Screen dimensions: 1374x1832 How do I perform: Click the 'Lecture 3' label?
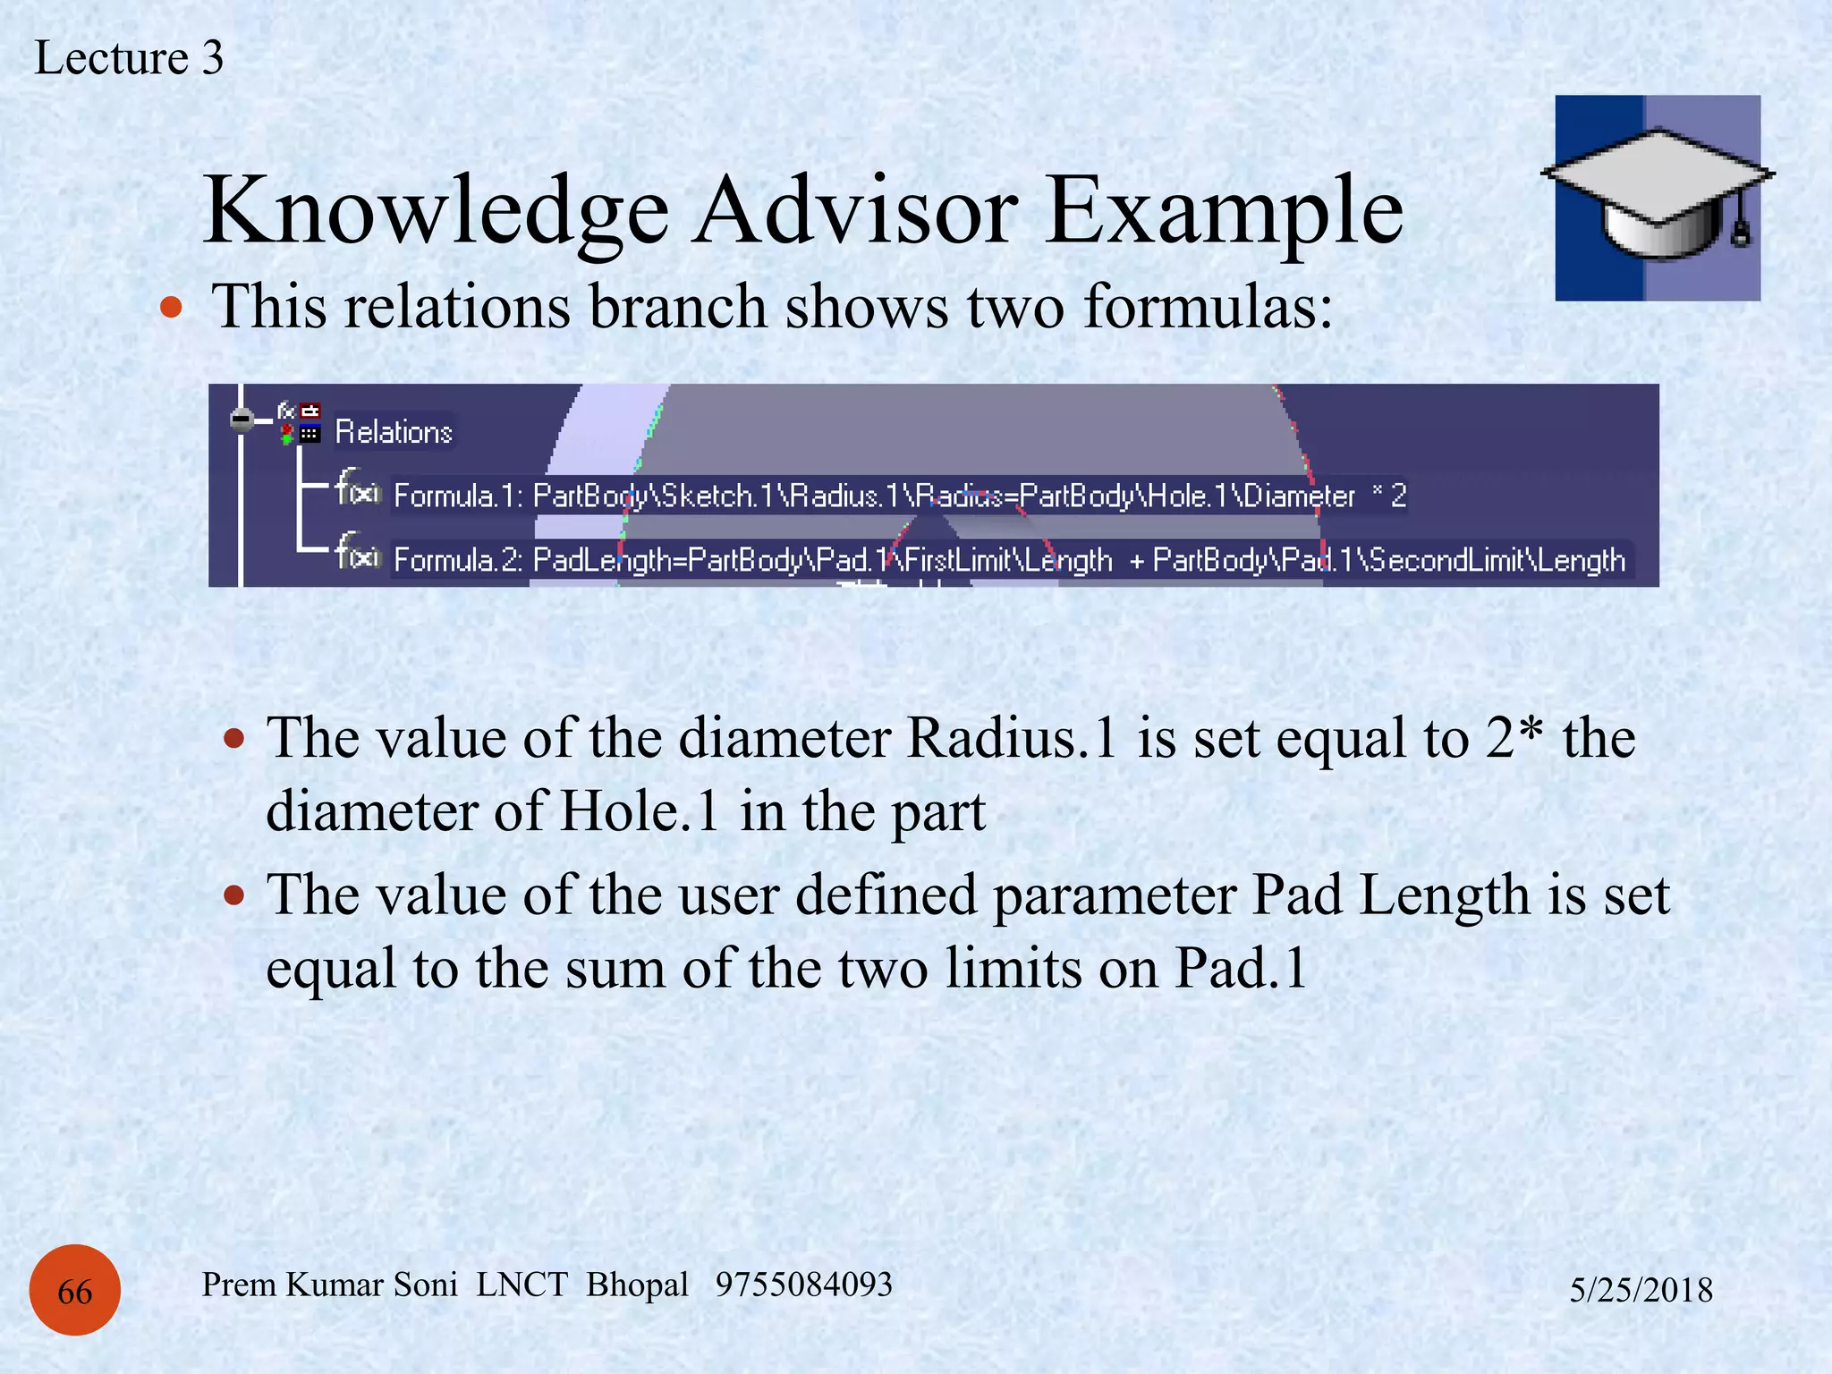point(129,58)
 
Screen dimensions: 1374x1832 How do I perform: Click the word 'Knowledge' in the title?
point(436,210)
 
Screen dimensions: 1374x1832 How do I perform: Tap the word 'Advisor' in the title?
point(856,210)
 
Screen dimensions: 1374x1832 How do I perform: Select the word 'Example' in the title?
point(1224,210)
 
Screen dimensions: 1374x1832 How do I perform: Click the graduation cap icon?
point(1658,198)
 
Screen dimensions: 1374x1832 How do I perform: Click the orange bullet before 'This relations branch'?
point(171,309)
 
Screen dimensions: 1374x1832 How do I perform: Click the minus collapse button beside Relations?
point(242,419)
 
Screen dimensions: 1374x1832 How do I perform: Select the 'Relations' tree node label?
point(394,432)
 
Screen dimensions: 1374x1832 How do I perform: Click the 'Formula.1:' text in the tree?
point(458,496)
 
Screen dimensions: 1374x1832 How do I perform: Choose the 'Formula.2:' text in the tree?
point(458,560)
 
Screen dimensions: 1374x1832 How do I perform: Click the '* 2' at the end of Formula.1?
point(1389,496)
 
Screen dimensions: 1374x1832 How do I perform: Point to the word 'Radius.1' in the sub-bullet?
point(1012,739)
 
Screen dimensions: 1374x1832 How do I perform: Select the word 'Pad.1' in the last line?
point(1241,968)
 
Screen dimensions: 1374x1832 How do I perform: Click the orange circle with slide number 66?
point(75,1290)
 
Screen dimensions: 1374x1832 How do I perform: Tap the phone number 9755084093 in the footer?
point(803,1285)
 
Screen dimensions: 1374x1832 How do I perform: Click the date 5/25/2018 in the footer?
point(1641,1290)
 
